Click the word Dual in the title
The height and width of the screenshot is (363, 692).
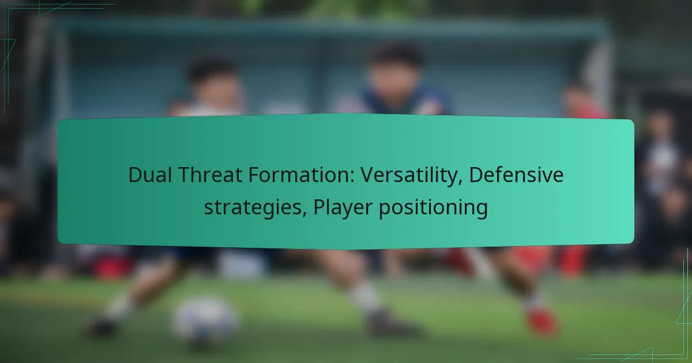(x=150, y=175)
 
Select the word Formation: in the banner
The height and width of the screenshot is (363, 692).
(x=301, y=175)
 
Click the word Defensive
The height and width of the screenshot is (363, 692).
(x=516, y=175)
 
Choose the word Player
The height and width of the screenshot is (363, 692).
(x=343, y=208)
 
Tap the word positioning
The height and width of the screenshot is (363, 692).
(x=433, y=208)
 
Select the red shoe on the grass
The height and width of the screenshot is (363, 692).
(x=542, y=322)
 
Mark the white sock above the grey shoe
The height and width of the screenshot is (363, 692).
(x=365, y=297)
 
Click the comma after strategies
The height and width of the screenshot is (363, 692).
(x=304, y=215)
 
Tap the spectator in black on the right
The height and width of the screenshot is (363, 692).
(x=661, y=185)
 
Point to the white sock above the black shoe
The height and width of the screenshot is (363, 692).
(x=121, y=307)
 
